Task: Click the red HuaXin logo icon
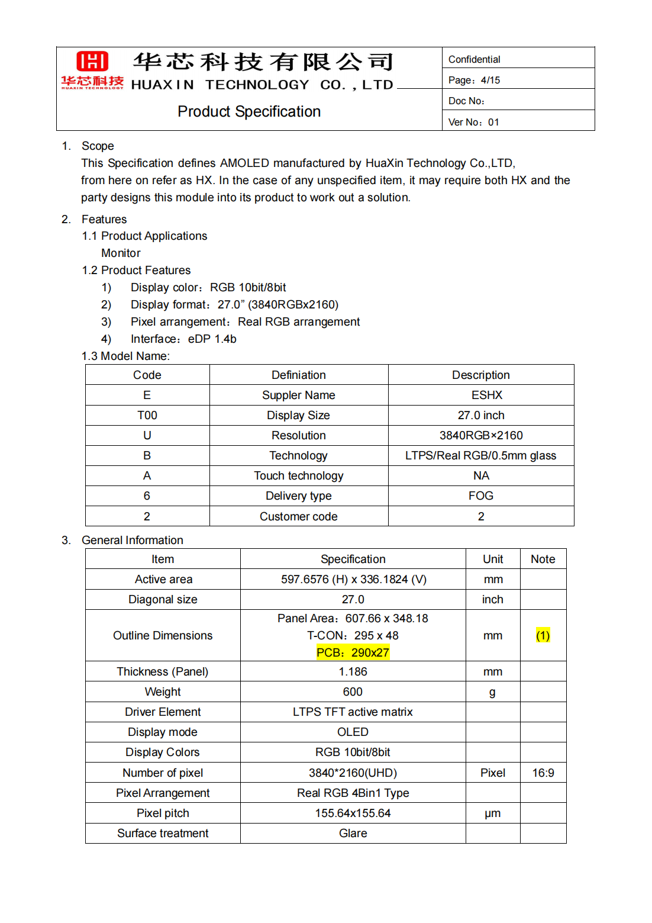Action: pyautogui.click(x=92, y=62)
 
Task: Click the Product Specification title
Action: pyautogui.click(x=249, y=111)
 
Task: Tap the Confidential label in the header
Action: pyautogui.click(x=474, y=59)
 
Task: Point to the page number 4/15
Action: pyautogui.click(x=490, y=80)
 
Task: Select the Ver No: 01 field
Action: pyautogui.click(x=473, y=122)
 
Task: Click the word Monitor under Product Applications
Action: pyautogui.click(x=121, y=253)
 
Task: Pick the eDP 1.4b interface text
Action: pyautogui.click(x=212, y=339)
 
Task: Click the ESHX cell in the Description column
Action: pyautogui.click(x=486, y=395)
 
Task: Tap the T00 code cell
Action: pyautogui.click(x=147, y=415)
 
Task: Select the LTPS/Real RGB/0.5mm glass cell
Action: pyautogui.click(x=480, y=455)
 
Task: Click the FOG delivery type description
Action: pyautogui.click(x=480, y=496)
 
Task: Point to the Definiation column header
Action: pyautogui.click(x=298, y=375)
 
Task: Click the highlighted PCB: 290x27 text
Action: pyautogui.click(x=353, y=652)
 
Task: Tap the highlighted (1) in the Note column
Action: pyautogui.click(x=543, y=635)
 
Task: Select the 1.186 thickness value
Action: pyautogui.click(x=353, y=671)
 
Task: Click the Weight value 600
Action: pyautogui.click(x=353, y=692)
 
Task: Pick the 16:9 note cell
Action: pyautogui.click(x=543, y=773)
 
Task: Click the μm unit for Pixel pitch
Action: pyautogui.click(x=492, y=813)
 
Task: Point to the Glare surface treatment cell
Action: pyautogui.click(x=353, y=833)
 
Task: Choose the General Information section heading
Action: pyautogui.click(x=133, y=540)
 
